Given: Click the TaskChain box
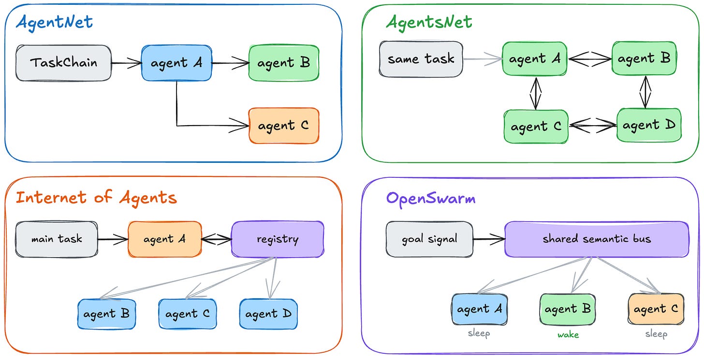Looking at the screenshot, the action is pyautogui.click(x=63, y=63).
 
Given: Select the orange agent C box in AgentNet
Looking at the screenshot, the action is pyautogui.click(x=284, y=126).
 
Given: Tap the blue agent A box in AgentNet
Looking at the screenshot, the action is pyautogui.click(x=176, y=63).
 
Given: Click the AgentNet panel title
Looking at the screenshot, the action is pyautogui.click(x=54, y=23).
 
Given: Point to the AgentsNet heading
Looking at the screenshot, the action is pyautogui.click(x=429, y=23).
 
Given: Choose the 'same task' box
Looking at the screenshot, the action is pyautogui.click(x=421, y=59).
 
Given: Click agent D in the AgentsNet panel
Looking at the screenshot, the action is pyautogui.click(x=649, y=125).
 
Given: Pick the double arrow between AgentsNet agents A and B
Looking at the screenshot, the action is pyautogui.click(x=589, y=59).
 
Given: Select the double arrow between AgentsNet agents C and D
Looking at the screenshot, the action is pyautogui.click(x=593, y=125).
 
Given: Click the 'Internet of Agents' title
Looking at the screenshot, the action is pyautogui.click(x=96, y=198).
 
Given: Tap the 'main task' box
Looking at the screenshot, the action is pyautogui.click(x=57, y=239).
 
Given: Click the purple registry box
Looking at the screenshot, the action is pyautogui.click(x=278, y=239).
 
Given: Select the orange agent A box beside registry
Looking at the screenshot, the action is pyautogui.click(x=165, y=239).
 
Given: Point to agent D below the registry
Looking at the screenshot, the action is pyautogui.click(x=268, y=314).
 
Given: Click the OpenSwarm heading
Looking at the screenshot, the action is pyautogui.click(x=430, y=199).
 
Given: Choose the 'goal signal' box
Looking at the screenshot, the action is pyautogui.click(x=430, y=239).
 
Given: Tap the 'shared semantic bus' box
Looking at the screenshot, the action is pyautogui.click(x=597, y=239).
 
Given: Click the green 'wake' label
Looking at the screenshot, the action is pyautogui.click(x=568, y=335).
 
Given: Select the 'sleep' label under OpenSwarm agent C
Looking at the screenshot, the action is pyautogui.click(x=657, y=334).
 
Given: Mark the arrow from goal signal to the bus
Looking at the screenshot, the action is pyautogui.click(x=489, y=239).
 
